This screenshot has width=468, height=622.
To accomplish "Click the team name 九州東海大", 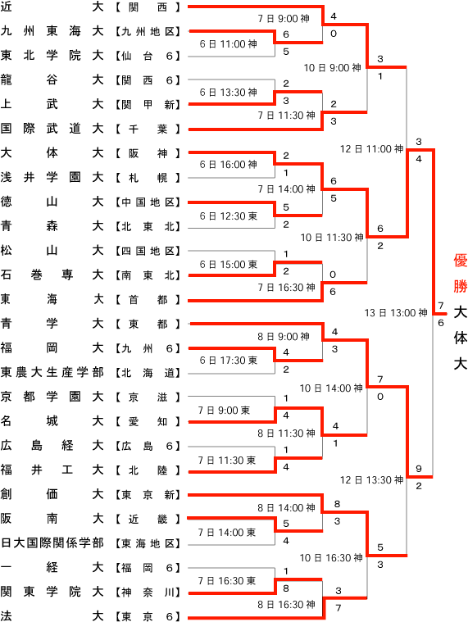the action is (52, 31).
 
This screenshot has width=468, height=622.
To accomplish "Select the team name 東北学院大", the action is (52, 55).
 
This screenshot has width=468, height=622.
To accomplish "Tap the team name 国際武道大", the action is (52, 129).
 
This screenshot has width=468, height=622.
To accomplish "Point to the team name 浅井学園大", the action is (52, 177).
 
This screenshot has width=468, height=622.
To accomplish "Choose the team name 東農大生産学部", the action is (52, 373).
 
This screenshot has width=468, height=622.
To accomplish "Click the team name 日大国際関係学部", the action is (52, 543).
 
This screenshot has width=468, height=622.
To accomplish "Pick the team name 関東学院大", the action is (52, 592).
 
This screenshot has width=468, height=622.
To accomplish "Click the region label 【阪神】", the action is (148, 153).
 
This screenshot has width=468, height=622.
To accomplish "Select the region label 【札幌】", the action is (148, 178).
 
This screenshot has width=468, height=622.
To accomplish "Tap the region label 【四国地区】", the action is (148, 251).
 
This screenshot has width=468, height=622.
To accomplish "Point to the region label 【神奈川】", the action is (148, 592).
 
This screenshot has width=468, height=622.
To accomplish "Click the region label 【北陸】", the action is (148, 470).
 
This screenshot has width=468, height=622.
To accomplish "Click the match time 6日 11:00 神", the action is (229, 44).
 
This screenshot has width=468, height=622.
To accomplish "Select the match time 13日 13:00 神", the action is (396, 313).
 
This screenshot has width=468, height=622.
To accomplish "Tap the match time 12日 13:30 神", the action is (371, 480).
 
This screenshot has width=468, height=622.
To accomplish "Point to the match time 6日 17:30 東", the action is (229, 361).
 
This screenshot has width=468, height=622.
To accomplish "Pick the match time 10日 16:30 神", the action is (331, 558).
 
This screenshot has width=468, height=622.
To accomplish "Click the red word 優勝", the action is (461, 274).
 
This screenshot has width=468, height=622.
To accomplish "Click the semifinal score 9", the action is (419, 469).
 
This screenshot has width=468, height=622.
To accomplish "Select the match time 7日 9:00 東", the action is (224, 411).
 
